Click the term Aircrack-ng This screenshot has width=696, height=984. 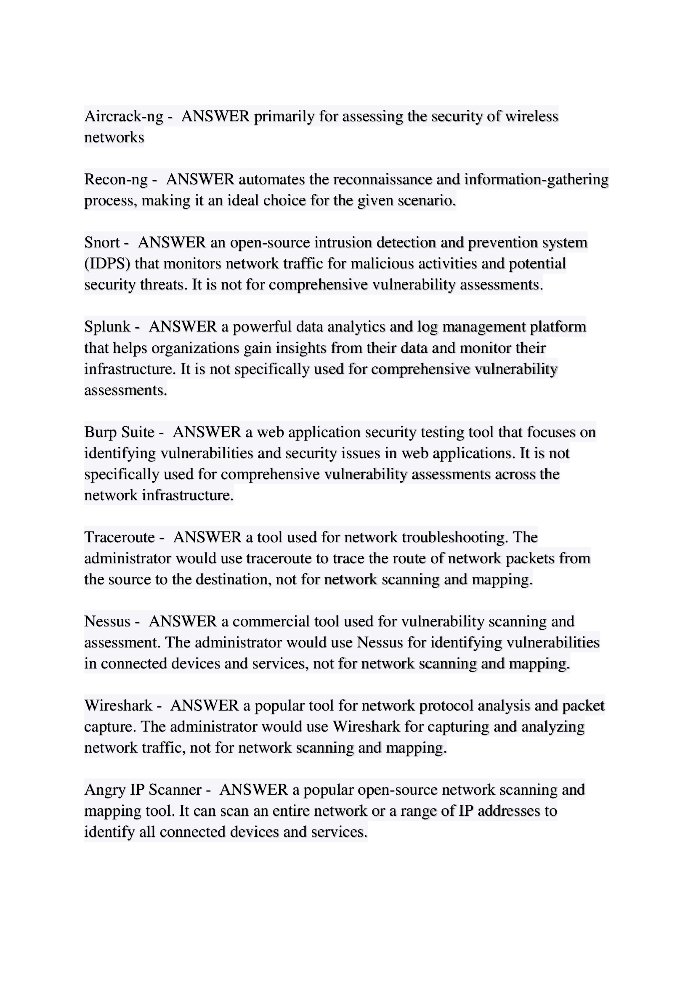[x=123, y=116]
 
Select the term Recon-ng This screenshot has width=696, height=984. [x=116, y=179]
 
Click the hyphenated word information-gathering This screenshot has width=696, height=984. [x=536, y=179]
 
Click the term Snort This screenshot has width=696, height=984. [x=101, y=242]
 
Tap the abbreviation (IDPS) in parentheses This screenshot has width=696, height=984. [x=107, y=263]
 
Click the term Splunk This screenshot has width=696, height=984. [x=107, y=326]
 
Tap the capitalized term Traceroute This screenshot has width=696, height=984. [x=119, y=537]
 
